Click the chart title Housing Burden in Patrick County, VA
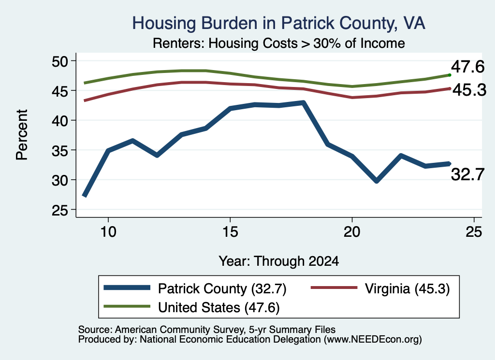click(x=278, y=24)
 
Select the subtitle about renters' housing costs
click(x=279, y=43)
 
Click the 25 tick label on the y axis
click(x=60, y=210)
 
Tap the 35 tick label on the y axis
click(x=60, y=150)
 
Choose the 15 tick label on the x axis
click(x=230, y=232)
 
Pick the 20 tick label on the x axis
click(x=352, y=232)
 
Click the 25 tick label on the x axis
click(x=474, y=232)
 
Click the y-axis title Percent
click(x=22, y=135)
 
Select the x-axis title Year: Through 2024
click(x=279, y=261)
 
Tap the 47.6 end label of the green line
click(x=467, y=67)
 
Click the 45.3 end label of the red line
click(x=469, y=90)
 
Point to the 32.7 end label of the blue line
click(x=467, y=174)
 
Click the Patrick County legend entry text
click(x=222, y=288)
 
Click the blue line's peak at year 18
click(x=303, y=103)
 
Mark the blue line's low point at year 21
click(x=376, y=181)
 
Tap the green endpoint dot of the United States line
click(x=450, y=75)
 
